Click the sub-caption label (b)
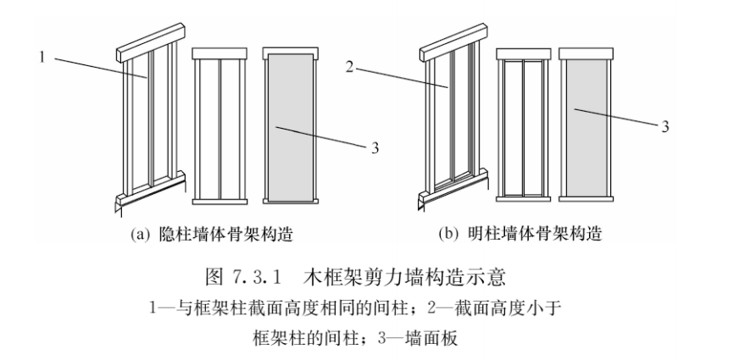446,232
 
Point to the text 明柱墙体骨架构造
517,232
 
